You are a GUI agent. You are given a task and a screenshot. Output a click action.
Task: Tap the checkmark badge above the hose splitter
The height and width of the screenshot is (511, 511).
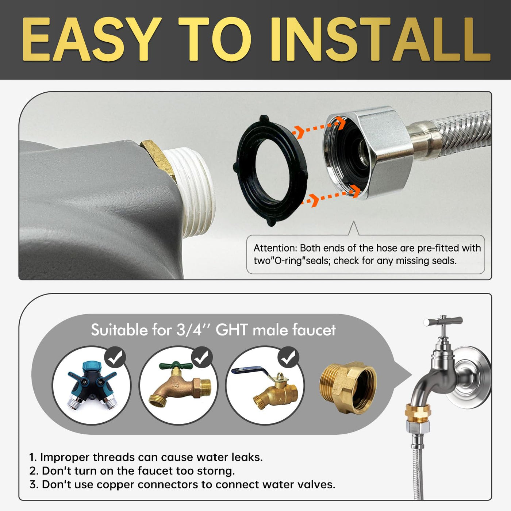tap(115, 357)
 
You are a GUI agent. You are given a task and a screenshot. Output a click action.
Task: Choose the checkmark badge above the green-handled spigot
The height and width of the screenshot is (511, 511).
tap(202, 357)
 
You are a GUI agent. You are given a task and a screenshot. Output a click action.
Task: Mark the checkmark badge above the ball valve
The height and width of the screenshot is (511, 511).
tap(288, 357)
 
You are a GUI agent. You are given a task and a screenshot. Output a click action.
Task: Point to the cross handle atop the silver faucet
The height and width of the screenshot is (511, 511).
tap(443, 321)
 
